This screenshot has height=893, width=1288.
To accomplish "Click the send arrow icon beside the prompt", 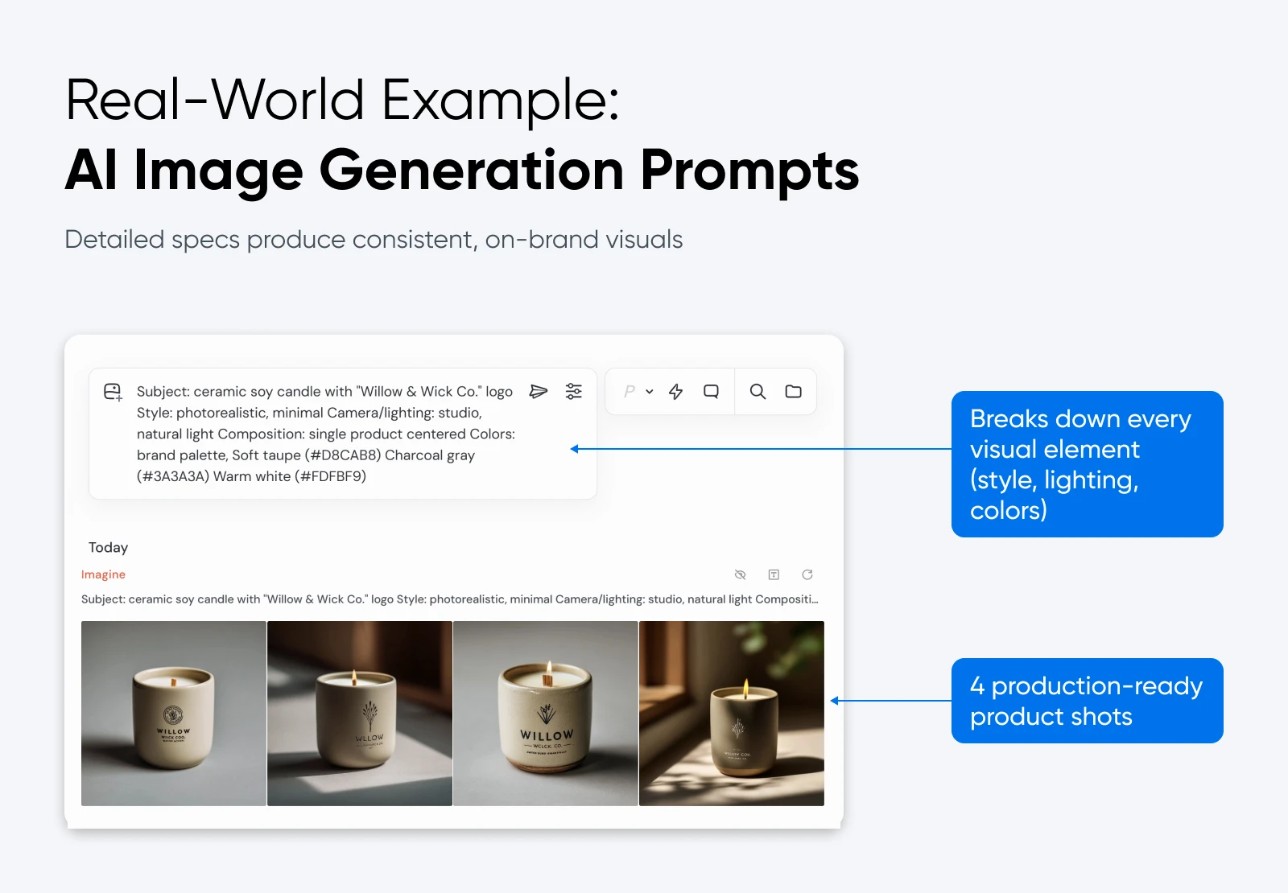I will pyautogui.click(x=538, y=392).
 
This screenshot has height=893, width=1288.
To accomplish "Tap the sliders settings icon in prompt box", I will pyautogui.click(x=573, y=392).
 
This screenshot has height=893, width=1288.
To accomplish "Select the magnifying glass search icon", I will pyautogui.click(x=758, y=392).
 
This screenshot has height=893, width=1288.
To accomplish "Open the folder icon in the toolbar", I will pyautogui.click(x=793, y=392).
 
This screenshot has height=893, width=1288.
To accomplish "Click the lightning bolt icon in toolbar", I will pyautogui.click(x=675, y=392).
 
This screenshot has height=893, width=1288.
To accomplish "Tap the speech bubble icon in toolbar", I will pyautogui.click(x=711, y=392).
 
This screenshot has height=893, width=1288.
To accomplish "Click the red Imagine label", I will pyautogui.click(x=103, y=574).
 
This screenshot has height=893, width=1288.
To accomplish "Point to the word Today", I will pyautogui.click(x=108, y=548).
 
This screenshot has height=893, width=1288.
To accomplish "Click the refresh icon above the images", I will pyautogui.click(x=807, y=574).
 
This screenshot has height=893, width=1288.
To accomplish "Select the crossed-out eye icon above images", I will pyautogui.click(x=740, y=574).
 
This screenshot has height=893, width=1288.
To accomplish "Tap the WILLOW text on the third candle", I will pyautogui.click(x=547, y=735).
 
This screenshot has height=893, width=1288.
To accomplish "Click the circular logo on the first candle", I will pyautogui.click(x=173, y=714).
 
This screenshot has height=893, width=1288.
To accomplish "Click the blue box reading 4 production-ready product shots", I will pyautogui.click(x=1087, y=701).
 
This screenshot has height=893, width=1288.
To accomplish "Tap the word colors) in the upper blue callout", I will pyautogui.click(x=1008, y=510).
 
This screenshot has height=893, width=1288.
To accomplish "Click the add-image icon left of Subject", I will pyautogui.click(x=113, y=392).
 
